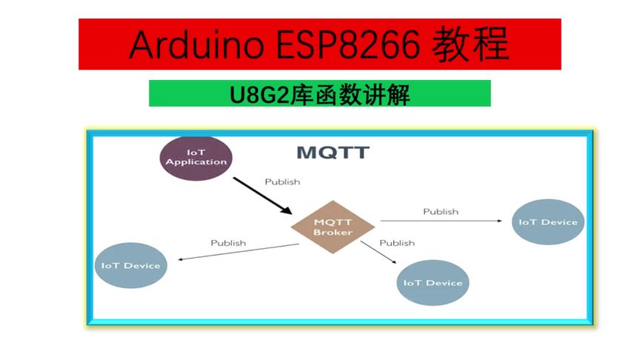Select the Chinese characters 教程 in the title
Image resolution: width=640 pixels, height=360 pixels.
476,44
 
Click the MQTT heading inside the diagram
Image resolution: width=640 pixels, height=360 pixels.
333,153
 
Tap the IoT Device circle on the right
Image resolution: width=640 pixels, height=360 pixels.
548,222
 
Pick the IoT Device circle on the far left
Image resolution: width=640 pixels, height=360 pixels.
131,265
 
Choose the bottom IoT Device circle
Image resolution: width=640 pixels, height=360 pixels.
433,282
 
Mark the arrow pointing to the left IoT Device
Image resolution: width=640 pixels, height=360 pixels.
237,252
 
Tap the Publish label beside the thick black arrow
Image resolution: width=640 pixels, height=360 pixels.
282,181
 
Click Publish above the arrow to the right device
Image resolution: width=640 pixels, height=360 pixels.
441,211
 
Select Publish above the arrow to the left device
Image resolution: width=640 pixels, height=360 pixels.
228,242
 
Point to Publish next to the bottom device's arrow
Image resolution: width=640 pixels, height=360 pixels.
397,242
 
